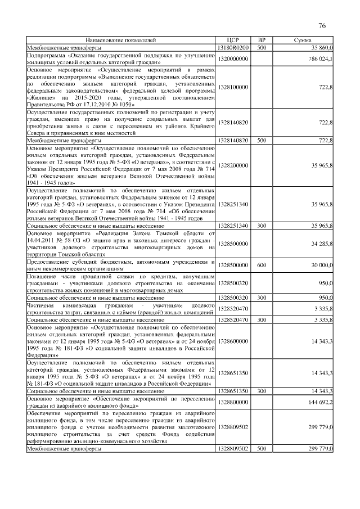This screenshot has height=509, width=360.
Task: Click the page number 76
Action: pos(322,26)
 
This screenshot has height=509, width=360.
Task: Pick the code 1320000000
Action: pos(233,58)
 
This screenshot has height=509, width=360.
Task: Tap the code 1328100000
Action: pos(233,87)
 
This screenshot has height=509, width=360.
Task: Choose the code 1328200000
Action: pos(233,165)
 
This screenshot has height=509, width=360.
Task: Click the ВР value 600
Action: pos(261,264)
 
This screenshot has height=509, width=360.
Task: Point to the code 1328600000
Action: pos(233,341)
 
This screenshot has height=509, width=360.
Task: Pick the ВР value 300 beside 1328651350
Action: pos(261,390)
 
